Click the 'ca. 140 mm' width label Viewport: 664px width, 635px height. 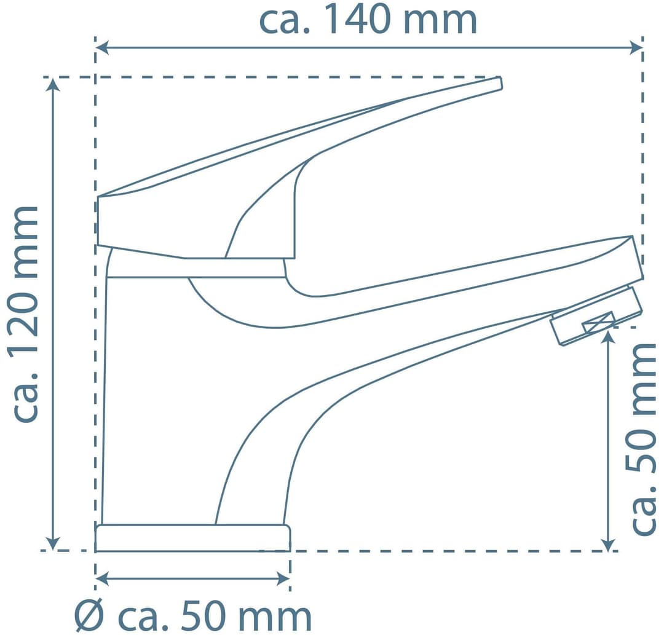pyautogui.click(x=368, y=20)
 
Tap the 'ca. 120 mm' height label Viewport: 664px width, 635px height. pyautogui.click(x=26, y=314)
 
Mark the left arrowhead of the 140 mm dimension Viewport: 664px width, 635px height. pyautogui.click(x=103, y=49)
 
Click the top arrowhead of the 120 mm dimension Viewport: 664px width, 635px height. pyautogui.click(x=52, y=85)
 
